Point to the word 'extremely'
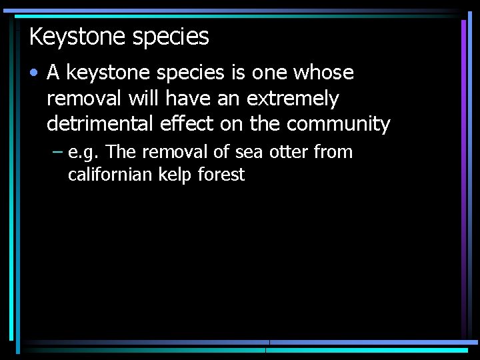click(293, 99)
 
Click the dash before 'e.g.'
click(57, 153)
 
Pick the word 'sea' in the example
click(249, 153)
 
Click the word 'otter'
click(288, 152)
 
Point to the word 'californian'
click(111, 175)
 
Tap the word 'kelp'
click(176, 175)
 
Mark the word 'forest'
click(221, 175)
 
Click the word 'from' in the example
click(333, 152)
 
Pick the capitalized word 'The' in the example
click(121, 152)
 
